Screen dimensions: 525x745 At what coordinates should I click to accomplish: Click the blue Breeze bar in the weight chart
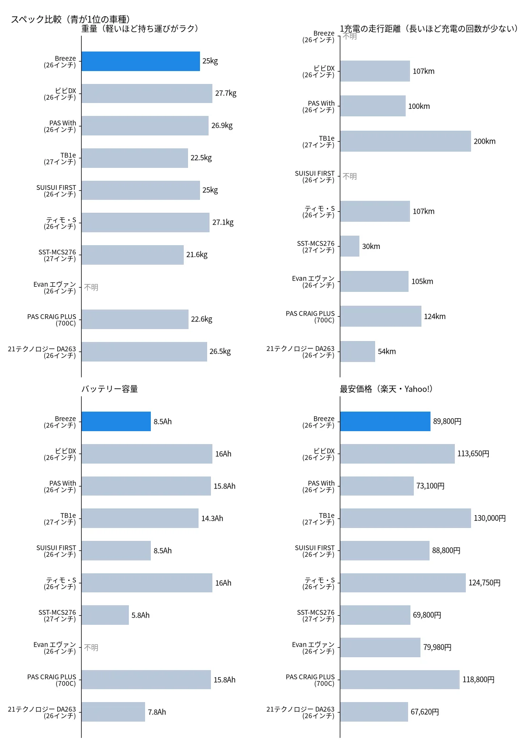[x=140, y=61]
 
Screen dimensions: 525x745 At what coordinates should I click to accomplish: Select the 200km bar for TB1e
[x=406, y=141]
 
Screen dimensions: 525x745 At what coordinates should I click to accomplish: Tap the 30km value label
[x=371, y=247]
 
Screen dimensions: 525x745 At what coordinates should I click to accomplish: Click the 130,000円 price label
[x=489, y=518]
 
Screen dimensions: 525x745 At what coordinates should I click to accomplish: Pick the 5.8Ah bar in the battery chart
[x=105, y=615]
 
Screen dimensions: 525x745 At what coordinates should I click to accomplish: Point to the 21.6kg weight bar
[x=133, y=255]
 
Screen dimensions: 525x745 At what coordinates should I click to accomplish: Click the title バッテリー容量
[x=109, y=389]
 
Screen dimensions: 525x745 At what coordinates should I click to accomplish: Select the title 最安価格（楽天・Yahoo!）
[x=386, y=389]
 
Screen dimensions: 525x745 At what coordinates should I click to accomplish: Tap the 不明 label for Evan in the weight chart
[x=91, y=287]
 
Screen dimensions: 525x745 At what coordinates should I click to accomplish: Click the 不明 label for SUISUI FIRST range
[x=349, y=176]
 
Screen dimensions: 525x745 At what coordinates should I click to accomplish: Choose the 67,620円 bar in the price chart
[x=374, y=712]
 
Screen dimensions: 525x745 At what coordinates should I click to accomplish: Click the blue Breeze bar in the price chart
[x=385, y=422]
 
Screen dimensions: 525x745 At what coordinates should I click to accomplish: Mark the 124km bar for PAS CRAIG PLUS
[x=380, y=316]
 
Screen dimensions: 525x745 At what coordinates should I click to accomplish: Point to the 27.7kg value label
[x=226, y=93]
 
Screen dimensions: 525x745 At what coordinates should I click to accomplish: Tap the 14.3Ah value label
[x=212, y=518]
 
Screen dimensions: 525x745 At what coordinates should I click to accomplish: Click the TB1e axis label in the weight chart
[x=60, y=158]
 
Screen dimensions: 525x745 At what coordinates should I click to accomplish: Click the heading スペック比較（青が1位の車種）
[x=70, y=19]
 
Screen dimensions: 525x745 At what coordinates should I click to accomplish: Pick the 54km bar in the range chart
[x=357, y=351]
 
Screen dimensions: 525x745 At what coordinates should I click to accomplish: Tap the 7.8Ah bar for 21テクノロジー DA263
[x=113, y=712]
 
